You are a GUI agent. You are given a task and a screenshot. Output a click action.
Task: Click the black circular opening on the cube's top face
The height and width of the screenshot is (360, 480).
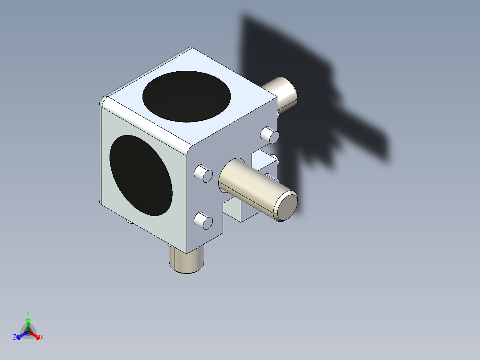tap(187, 96)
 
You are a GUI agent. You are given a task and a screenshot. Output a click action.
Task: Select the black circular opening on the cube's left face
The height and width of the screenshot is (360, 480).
tap(141, 176)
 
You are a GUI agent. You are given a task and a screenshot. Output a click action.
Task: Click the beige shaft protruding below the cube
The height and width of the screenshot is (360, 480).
tap(187, 261)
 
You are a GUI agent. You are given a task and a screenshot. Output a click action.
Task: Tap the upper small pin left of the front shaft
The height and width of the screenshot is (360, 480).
tap(204, 173)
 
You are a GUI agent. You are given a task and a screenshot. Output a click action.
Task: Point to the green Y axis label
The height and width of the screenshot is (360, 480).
tap(28, 313)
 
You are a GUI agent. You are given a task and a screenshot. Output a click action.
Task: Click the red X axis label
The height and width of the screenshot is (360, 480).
tap(42, 338)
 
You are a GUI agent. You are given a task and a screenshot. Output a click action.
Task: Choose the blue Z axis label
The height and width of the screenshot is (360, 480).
tap(15, 338)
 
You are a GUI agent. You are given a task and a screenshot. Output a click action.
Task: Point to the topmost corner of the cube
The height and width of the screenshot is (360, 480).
tap(191, 48)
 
